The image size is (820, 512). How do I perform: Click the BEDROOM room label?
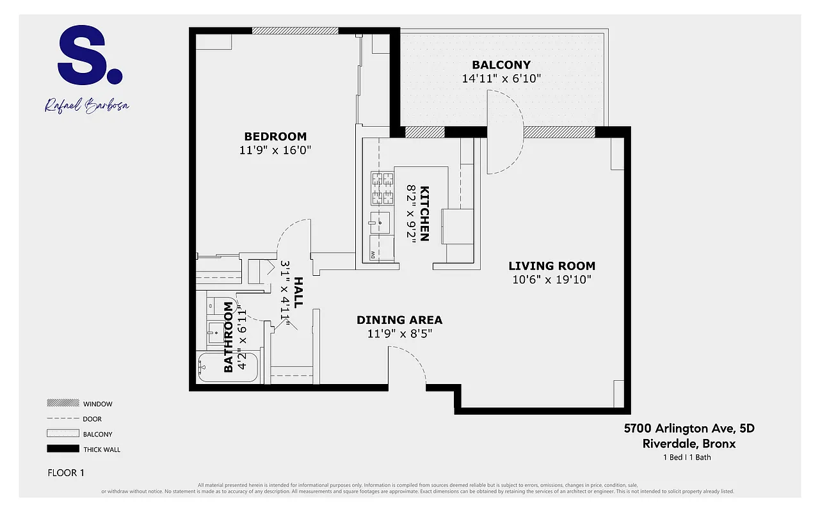point(275,136)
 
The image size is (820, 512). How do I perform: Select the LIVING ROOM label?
point(551,266)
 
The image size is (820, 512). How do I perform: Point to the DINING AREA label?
point(399,320)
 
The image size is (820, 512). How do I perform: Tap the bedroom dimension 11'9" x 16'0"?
point(275,150)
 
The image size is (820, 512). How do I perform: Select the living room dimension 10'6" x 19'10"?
point(551,280)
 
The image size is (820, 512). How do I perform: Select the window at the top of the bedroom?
point(294,30)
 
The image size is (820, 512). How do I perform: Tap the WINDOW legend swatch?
point(61,404)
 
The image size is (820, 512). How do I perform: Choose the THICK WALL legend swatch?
point(61,449)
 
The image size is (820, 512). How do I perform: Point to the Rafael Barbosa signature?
point(86,105)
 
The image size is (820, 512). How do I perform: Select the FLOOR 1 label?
point(66,473)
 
